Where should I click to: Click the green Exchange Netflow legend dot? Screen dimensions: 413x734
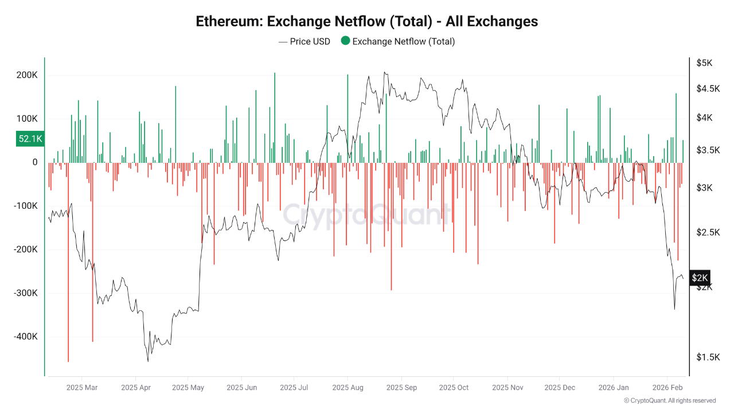pos(345,41)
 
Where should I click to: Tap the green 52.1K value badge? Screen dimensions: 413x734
pos(30,139)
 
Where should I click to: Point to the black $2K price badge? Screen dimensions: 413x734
pos(700,278)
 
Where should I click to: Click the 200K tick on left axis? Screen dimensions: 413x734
pos(27,75)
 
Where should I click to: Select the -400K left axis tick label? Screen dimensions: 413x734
pos(25,337)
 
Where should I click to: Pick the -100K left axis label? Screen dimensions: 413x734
pos(25,206)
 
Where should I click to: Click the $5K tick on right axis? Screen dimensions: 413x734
pos(704,63)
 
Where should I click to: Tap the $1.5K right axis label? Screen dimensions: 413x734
pos(707,357)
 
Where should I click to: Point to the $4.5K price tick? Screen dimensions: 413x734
pos(707,88)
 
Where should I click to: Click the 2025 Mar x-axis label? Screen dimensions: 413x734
pos(82,388)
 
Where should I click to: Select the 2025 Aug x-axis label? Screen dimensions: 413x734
pos(348,388)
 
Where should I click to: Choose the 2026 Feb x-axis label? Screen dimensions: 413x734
pos(667,388)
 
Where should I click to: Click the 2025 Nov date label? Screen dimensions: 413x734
pos(508,388)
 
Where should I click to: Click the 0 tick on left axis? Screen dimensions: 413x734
pos(34,162)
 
